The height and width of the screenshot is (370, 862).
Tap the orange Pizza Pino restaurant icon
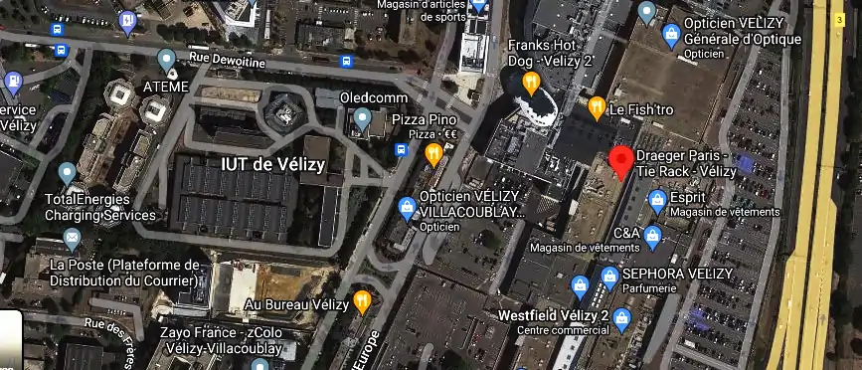click(433, 154)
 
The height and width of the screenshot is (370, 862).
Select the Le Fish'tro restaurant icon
click(597, 106)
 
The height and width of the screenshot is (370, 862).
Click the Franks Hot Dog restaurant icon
click(532, 84)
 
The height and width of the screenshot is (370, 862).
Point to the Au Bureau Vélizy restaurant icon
click(363, 299)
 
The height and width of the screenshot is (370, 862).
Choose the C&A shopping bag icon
click(651, 236)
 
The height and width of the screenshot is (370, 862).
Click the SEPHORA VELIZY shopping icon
click(609, 275)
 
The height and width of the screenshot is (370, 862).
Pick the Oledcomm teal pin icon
click(363, 120)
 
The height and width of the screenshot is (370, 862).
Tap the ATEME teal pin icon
click(167, 61)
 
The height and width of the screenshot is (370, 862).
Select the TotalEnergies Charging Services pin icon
click(68, 173)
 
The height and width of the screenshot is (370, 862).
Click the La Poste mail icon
click(72, 239)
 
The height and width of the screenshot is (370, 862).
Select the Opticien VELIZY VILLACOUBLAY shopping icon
click(407, 207)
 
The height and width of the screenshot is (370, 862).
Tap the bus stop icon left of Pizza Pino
click(402, 150)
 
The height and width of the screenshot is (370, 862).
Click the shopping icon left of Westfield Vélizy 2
click(581, 289)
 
